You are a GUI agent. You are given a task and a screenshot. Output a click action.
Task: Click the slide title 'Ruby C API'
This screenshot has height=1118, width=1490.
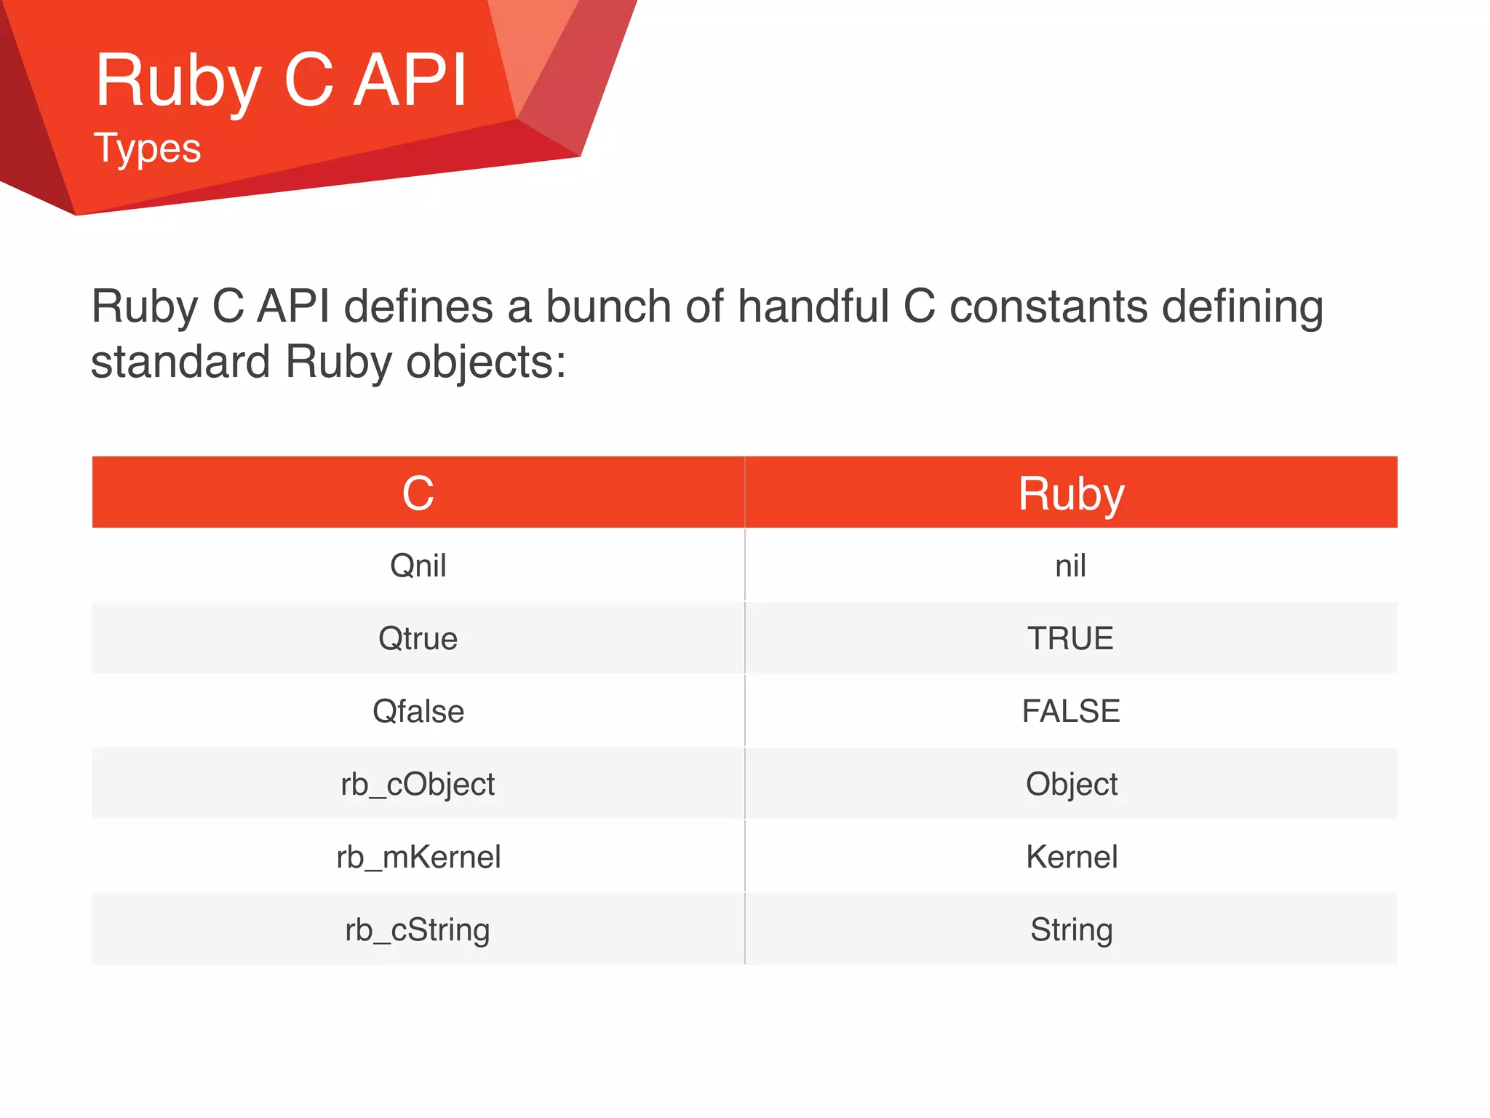tap(281, 82)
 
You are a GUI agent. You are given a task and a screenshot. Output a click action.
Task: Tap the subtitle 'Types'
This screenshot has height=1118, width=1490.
tap(147, 148)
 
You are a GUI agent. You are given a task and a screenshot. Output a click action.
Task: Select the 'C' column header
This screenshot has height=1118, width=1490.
tap(418, 493)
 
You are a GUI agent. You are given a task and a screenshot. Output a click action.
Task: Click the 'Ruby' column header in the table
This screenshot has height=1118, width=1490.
tap(1071, 493)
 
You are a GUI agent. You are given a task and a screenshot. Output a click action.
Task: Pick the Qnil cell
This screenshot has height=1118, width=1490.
tap(418, 566)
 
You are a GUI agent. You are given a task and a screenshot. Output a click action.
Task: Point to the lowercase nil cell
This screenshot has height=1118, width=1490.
tap(1071, 566)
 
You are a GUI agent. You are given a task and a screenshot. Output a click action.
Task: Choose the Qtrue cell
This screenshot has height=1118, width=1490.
tap(418, 638)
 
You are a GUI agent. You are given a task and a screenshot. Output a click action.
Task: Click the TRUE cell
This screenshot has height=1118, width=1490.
tap(1071, 638)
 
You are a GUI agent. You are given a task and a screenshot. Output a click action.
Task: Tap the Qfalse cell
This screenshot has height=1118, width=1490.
tap(418, 711)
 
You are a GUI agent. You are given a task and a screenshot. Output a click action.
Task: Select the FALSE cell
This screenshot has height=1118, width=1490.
tap(1071, 711)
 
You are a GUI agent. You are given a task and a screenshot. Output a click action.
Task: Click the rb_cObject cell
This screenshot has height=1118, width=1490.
tap(418, 784)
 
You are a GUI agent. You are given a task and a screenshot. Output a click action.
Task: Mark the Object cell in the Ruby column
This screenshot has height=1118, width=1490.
tap(1071, 784)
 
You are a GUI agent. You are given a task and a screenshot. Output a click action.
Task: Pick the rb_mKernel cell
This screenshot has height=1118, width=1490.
tap(418, 857)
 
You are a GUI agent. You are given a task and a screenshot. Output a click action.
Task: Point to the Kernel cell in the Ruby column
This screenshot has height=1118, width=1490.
tap(1071, 857)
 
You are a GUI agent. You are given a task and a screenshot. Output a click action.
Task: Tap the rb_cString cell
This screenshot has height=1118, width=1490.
tap(418, 929)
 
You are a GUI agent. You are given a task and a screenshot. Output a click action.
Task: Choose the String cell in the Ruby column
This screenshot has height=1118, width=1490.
tap(1071, 929)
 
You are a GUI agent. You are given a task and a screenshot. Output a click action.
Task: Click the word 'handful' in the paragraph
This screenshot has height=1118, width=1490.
tap(813, 306)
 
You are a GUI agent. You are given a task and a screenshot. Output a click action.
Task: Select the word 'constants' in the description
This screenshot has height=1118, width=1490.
tap(1048, 306)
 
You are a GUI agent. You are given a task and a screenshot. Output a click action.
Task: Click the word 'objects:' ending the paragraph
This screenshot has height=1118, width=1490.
tap(485, 362)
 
